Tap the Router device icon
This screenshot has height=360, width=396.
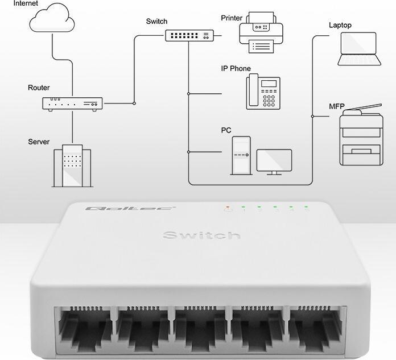(72, 104)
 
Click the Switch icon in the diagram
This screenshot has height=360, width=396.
(188, 35)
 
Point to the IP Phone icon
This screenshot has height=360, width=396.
(263, 91)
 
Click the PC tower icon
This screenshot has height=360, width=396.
(241, 155)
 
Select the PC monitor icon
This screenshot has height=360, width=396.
(274, 162)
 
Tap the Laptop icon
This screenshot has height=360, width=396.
(358, 49)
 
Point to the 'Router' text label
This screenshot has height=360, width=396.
(39, 88)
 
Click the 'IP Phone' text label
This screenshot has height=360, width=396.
(236, 69)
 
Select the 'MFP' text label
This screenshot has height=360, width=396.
(336, 106)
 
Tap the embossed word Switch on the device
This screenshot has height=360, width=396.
(201, 235)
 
